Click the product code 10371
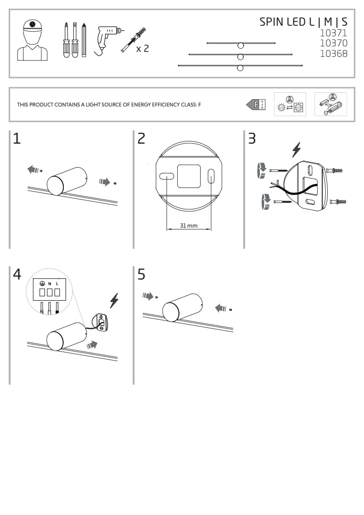[333, 33]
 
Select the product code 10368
[333, 54]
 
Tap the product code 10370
[333, 43]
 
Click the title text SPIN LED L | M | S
[303, 22]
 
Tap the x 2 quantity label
[143, 48]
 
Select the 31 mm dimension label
[189, 226]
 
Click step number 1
[17, 139]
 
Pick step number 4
[17, 274]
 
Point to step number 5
[141, 274]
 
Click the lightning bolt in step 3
[297, 150]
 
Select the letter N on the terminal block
[50, 284]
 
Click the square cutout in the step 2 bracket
[189, 176]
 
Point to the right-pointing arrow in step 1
[105, 182]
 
